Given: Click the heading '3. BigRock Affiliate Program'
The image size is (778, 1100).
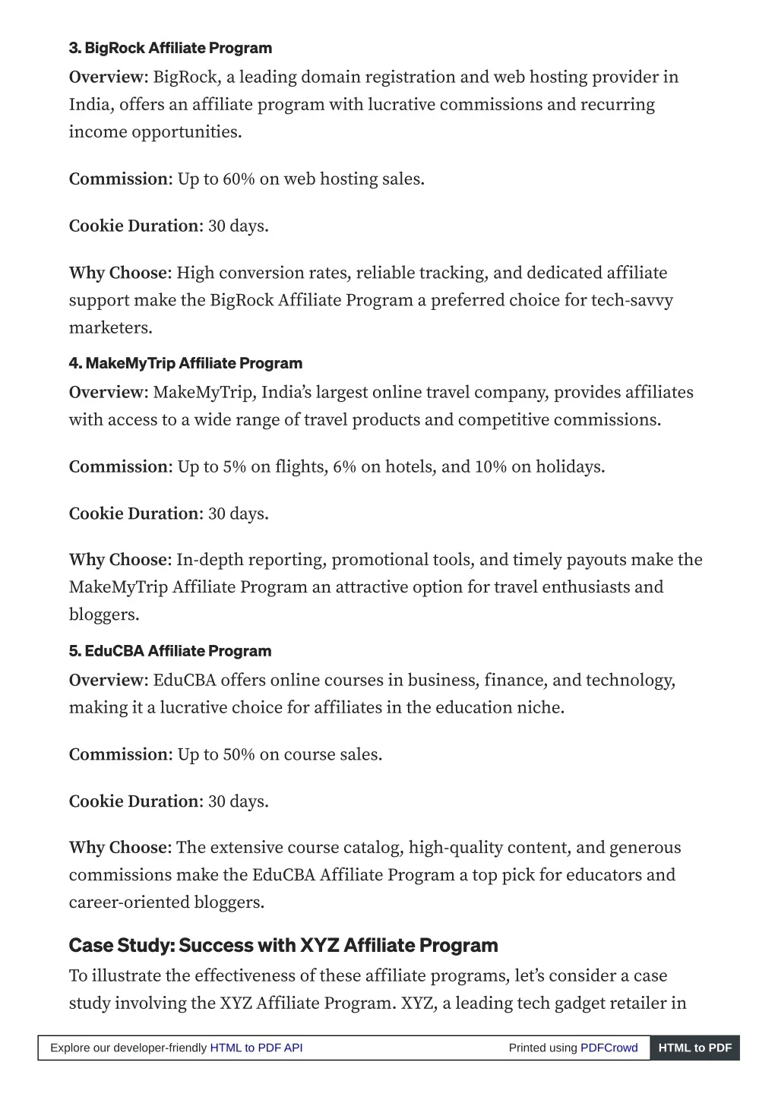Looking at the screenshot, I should click(170, 48).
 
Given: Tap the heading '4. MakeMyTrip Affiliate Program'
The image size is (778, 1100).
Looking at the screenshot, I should click(185, 363).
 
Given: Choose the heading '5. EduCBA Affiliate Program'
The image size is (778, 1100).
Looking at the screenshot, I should click(170, 651).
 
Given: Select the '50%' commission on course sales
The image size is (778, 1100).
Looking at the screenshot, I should click(239, 755).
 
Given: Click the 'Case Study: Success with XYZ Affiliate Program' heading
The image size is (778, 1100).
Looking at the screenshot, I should click(283, 946).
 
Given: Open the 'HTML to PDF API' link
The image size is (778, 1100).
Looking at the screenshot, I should click(256, 1048).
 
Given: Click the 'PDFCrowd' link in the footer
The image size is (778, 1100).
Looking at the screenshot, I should click(609, 1048).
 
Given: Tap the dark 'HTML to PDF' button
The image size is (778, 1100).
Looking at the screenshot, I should click(694, 1048).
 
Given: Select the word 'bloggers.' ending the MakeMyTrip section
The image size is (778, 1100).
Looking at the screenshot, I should click(104, 615).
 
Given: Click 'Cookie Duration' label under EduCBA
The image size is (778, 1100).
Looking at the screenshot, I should click(134, 801).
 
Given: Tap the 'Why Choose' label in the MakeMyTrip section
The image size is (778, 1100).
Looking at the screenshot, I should click(118, 560).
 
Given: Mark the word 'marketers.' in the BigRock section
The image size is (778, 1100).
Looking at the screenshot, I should click(111, 328).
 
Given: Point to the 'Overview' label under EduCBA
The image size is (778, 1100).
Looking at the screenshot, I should click(106, 680).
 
